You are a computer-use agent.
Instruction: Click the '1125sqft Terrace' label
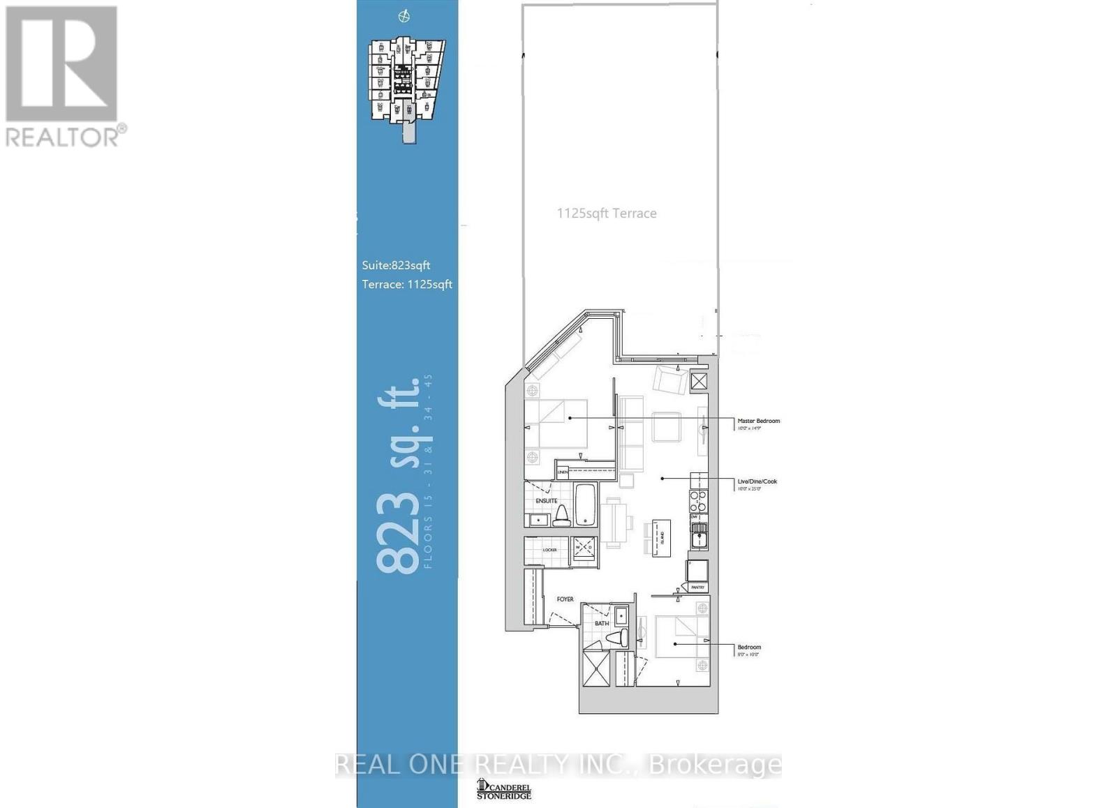coord(606,214)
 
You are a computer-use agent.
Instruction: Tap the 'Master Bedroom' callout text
coord(758,421)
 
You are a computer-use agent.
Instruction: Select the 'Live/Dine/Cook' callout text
coord(757,481)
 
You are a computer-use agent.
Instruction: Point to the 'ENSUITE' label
coord(546,501)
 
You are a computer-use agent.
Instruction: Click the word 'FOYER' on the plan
coord(565,599)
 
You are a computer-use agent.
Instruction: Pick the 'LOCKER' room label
coord(549,550)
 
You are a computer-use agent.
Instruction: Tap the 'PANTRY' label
coord(697,588)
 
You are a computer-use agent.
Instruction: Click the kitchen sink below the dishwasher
coord(698,539)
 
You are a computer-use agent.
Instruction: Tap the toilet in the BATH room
coord(616,638)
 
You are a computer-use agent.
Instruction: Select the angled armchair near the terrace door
coord(670,380)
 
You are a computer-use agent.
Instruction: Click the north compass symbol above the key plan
coord(404,16)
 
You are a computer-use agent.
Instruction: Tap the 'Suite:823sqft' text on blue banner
coord(396,265)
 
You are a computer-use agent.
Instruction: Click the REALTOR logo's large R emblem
coord(61,64)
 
